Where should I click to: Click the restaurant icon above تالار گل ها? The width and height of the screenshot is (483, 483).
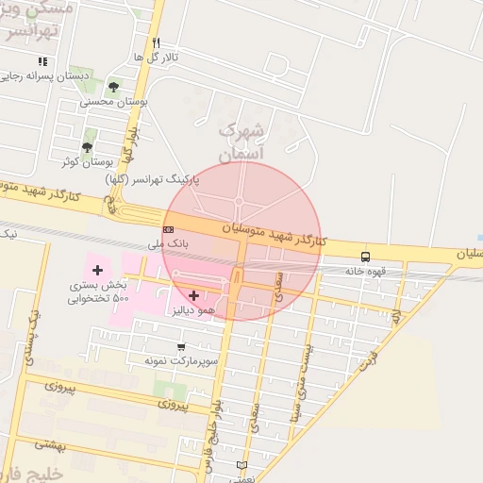point(157,42)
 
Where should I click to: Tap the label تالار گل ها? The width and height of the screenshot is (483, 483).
point(156,57)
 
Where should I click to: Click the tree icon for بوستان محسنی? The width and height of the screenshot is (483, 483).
point(113,87)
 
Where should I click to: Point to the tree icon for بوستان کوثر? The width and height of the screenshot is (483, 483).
point(87,147)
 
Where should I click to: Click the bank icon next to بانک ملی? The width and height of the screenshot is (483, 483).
point(168,229)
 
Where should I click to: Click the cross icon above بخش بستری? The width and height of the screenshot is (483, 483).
point(96,271)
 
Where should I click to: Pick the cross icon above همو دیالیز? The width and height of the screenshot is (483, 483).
point(194,295)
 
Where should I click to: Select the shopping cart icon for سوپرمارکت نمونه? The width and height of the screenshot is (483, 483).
point(181,346)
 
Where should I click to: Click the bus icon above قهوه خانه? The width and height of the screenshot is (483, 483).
point(365,257)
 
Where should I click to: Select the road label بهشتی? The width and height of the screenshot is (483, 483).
point(51,444)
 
